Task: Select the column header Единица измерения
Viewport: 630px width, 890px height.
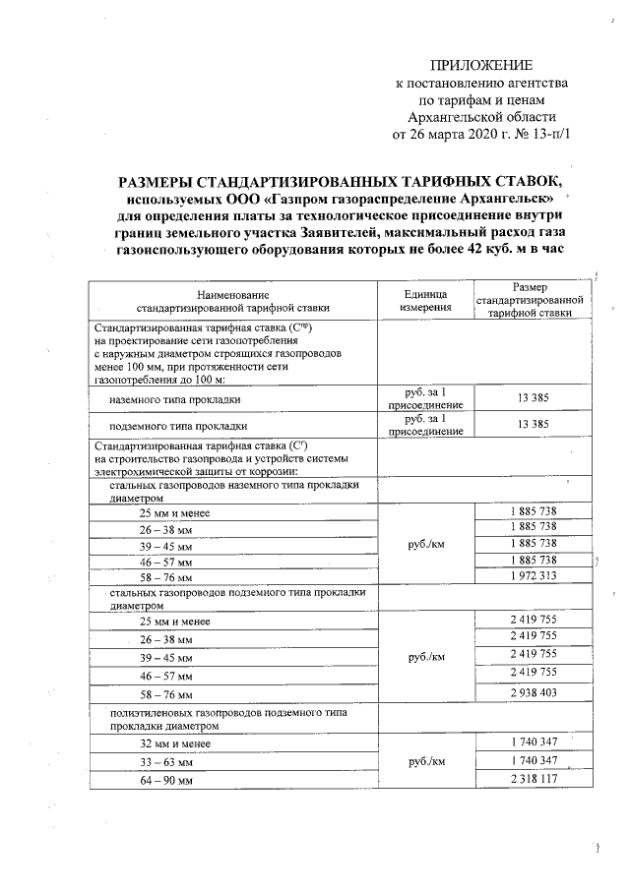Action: [x=426, y=301]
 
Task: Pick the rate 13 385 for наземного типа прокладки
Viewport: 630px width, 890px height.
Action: [x=532, y=397]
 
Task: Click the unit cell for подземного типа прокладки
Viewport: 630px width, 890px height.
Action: [x=426, y=425]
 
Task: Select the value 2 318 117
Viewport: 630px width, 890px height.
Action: [x=533, y=779]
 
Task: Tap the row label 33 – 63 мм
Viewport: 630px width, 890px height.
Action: [x=164, y=761]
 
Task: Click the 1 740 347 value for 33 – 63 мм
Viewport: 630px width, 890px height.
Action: [x=533, y=761]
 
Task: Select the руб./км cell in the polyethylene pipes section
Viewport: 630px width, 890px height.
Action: [x=426, y=761]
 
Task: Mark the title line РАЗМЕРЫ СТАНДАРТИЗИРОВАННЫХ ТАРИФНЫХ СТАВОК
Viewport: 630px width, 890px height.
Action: [x=344, y=181]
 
